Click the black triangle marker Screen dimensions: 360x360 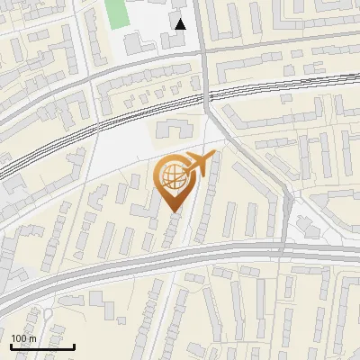pos(181,24)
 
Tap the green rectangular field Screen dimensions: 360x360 pos(116,13)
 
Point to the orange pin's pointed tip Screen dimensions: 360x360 pos(175,212)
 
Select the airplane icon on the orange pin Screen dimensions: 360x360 pos(198,165)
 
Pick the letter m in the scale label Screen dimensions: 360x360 pos(32,337)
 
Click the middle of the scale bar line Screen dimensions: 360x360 pos(42,346)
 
